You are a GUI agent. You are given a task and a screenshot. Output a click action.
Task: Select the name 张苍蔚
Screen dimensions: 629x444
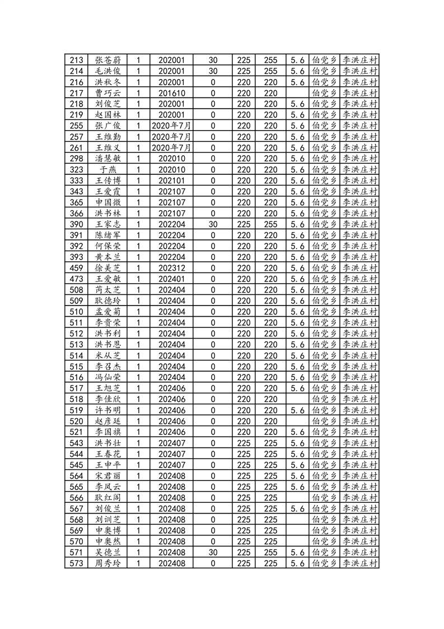coord(108,60)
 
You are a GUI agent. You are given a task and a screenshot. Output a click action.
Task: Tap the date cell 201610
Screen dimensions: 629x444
coord(171,93)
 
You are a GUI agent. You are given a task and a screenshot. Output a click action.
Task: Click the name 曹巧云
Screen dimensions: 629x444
coord(108,93)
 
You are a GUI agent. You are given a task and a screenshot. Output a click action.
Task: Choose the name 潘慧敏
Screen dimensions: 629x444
coord(108,159)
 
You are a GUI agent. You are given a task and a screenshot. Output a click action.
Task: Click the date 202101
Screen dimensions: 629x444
coord(171,181)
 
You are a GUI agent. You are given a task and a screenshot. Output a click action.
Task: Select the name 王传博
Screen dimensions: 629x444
coord(108,181)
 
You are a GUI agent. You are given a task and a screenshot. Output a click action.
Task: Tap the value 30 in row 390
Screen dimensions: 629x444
coord(213,224)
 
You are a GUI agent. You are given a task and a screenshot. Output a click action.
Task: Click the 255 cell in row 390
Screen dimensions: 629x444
coord(270,224)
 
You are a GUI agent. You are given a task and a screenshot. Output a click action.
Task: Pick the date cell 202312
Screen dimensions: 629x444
coord(171,268)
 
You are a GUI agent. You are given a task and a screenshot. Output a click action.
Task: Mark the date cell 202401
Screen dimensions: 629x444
coord(171,279)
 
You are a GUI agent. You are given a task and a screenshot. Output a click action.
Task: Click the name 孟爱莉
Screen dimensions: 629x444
coord(108,312)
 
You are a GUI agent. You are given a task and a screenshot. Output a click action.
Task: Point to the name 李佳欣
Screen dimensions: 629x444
coord(108,399)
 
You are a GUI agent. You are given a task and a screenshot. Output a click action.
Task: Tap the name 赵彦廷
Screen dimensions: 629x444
coord(108,421)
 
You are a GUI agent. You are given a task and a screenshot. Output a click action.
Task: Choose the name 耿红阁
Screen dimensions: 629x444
coord(108,497)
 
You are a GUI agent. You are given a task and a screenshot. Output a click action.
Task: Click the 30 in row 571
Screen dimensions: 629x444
coord(213,552)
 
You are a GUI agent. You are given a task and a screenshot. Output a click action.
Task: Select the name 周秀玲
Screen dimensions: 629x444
coord(108,563)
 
